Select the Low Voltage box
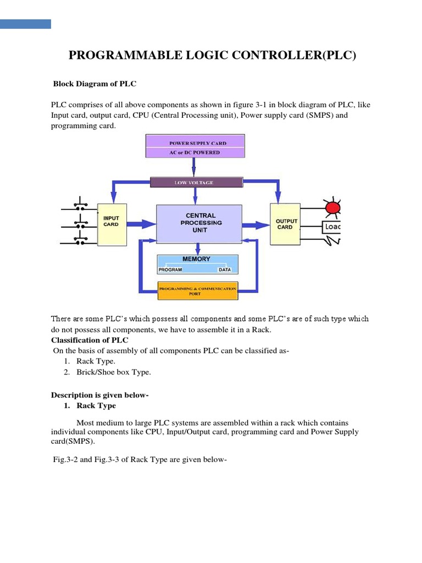197,182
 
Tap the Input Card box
111,224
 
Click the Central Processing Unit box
199,223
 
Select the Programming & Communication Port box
197,291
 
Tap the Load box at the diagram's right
331,226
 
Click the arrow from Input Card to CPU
142,224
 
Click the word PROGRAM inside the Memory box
170,270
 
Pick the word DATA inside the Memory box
225,270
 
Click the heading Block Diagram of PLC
94,84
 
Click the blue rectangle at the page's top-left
25,24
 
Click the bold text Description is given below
100,395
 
